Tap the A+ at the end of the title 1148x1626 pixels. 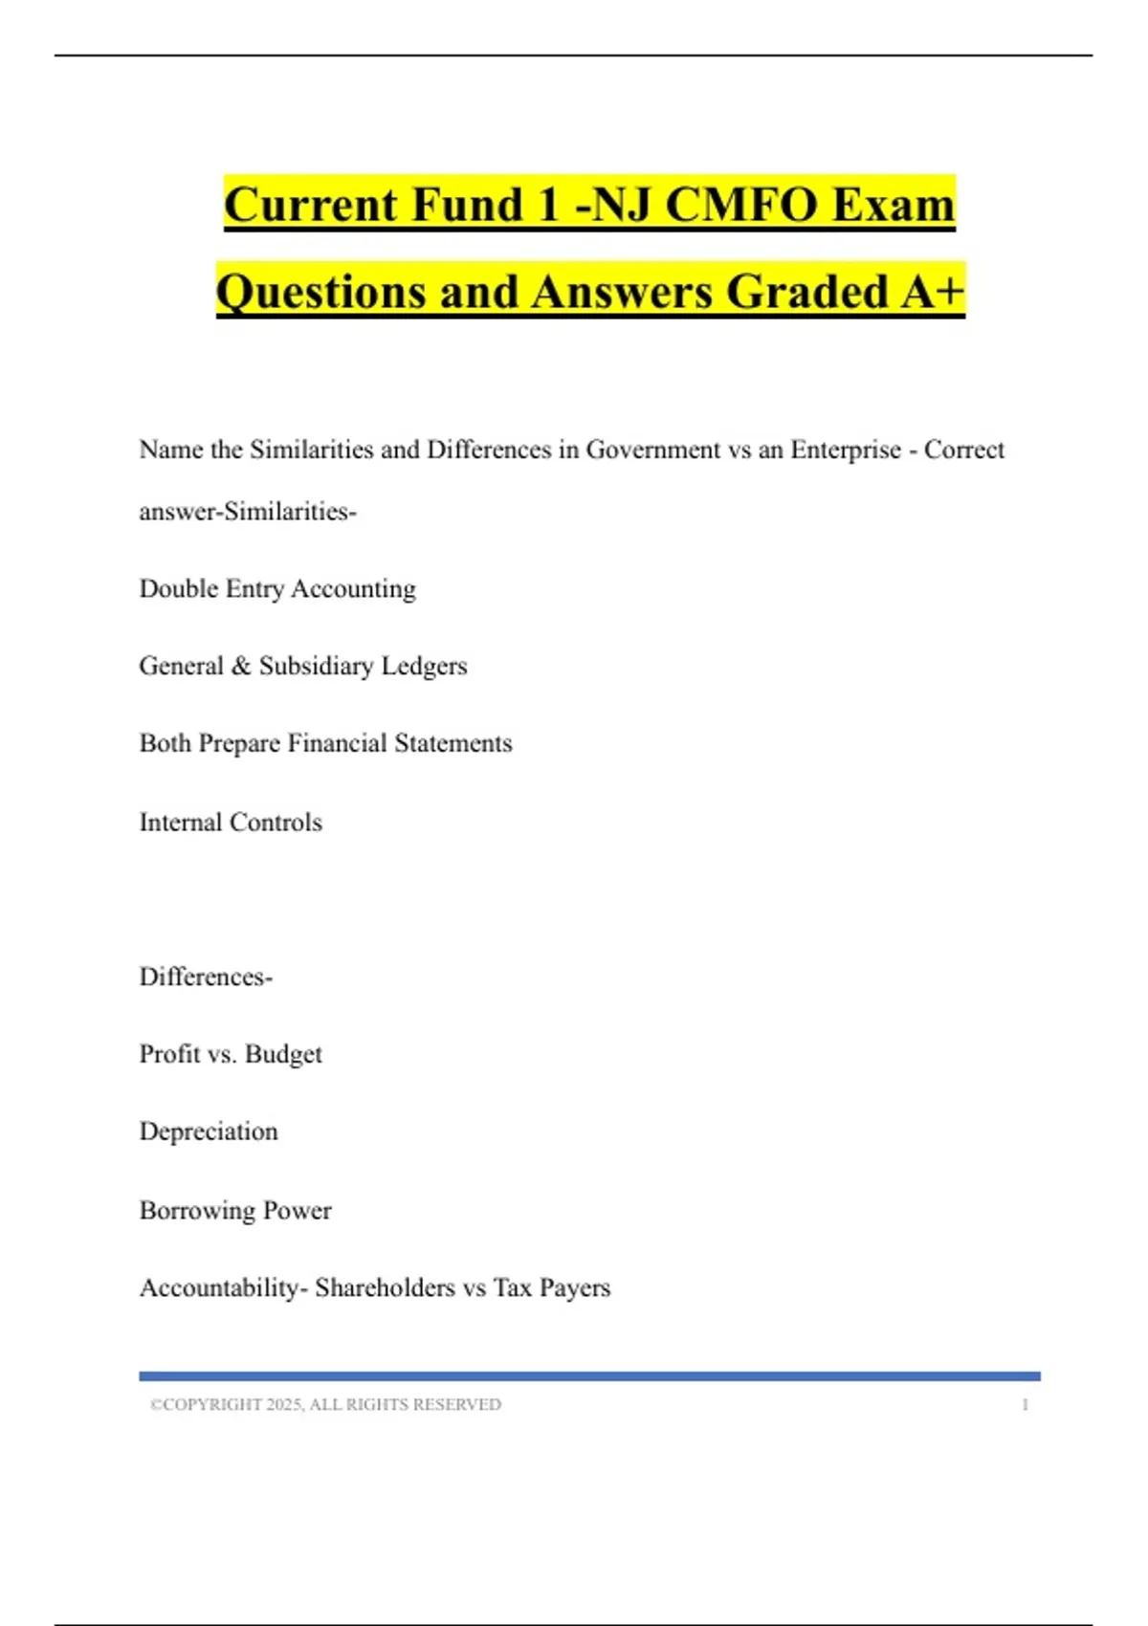coord(932,291)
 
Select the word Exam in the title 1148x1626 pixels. coord(894,204)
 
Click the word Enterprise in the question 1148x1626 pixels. coord(845,450)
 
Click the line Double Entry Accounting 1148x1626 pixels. coord(277,589)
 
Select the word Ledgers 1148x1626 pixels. coord(424,667)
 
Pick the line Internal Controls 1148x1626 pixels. coord(231,822)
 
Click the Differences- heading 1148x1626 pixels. coord(206,977)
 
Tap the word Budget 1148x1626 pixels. coord(283,1054)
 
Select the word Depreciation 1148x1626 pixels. coord(209,1132)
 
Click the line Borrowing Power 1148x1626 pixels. coord(235,1210)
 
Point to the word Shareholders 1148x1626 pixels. coord(385,1287)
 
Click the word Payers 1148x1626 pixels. coord(574,1287)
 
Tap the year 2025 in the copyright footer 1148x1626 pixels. coord(284,1404)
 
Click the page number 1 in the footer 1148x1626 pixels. coord(1025,1404)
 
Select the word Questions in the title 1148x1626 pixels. coord(320,291)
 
